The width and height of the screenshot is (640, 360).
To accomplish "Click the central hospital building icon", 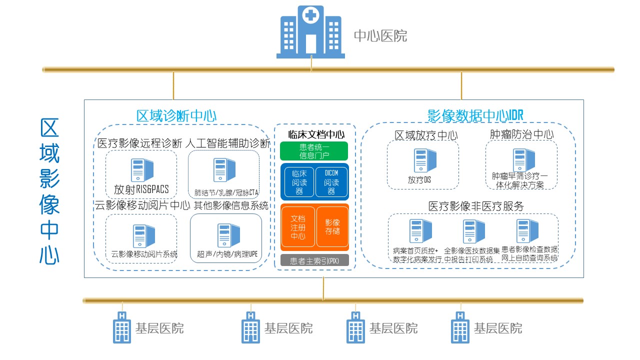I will coord(310,32).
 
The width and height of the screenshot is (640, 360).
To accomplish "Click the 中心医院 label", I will coord(380,36).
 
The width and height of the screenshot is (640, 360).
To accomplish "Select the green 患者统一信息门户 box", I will coord(313,151).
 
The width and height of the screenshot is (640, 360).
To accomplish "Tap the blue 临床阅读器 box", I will coord(299,182).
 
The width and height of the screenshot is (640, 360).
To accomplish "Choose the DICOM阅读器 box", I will coord(331,182).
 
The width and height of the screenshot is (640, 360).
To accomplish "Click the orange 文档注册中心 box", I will coord(298,226).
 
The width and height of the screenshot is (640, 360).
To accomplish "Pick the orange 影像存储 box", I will coord(332,226).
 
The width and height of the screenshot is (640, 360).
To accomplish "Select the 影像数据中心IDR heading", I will coord(475,115).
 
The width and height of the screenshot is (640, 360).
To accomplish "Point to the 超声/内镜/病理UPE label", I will coord(227,254).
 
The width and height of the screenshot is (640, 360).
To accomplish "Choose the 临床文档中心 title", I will coord(316,134).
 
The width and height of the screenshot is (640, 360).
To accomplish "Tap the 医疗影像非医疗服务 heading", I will coord(476,206).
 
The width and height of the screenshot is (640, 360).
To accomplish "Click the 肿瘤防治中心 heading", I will coord(521,134).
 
